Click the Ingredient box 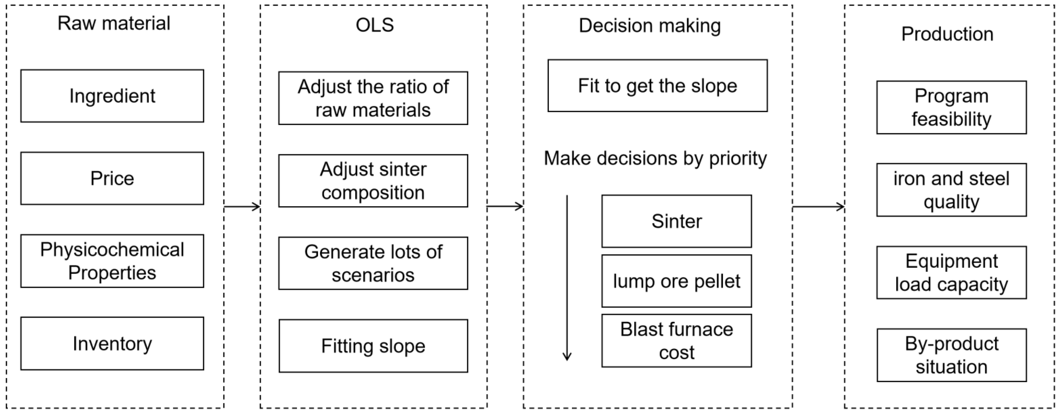[112, 96]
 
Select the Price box [112, 179]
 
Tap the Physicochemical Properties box [112, 261]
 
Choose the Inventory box [112, 343]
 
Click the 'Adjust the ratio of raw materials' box [373, 98]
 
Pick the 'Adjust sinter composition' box [373, 181]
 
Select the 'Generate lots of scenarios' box [373, 263]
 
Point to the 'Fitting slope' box [373, 346]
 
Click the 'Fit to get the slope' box [657, 85]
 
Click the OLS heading [375, 25]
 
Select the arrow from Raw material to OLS [242, 207]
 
